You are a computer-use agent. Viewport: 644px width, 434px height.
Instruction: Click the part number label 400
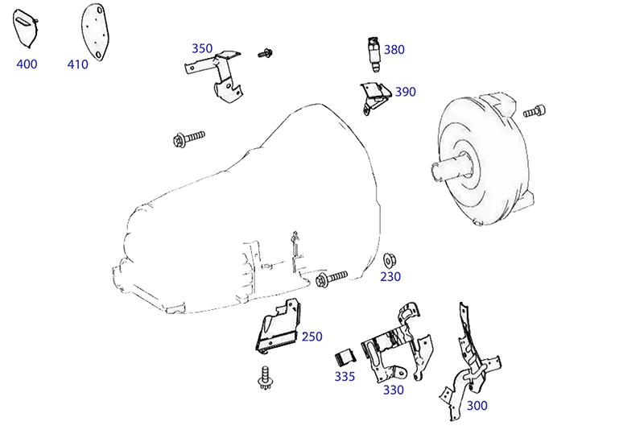pos(27,64)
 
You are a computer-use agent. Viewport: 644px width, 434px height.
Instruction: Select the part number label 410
pos(78,64)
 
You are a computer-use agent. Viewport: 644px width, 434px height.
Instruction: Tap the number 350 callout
pos(202,48)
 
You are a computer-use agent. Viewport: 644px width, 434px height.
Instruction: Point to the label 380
pos(394,50)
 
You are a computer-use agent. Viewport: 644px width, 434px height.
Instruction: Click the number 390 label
pos(406,92)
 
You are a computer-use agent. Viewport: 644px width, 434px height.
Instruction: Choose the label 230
pos(390,277)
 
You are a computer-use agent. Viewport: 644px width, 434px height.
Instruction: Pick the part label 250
pos(312,337)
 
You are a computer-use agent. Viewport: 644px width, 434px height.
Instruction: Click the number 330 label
pos(393,391)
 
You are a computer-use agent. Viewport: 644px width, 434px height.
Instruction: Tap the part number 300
pos(477,406)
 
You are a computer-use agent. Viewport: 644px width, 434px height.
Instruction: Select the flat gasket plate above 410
pos(93,31)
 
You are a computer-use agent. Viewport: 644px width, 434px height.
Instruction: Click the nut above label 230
pos(389,259)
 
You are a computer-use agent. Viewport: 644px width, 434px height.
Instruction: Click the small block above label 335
pos(345,356)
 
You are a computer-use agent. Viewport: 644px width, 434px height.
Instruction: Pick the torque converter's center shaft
pos(450,170)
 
